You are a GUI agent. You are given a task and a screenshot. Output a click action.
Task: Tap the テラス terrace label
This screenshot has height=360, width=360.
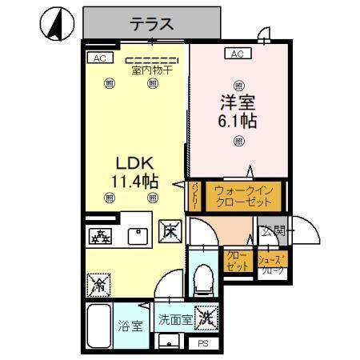(152, 24)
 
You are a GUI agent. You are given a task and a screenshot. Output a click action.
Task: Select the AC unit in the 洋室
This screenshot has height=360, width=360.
(237, 54)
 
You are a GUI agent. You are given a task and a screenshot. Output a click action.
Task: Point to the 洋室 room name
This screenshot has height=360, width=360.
(238, 102)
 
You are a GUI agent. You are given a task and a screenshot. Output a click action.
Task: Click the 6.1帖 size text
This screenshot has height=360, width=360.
(238, 122)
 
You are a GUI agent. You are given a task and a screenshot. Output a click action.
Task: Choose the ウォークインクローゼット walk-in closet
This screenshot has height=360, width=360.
(245, 197)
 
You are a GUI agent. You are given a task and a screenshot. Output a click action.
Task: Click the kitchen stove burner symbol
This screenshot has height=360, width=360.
(102, 235)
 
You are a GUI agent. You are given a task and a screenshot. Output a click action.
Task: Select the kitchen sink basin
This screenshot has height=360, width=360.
(138, 235)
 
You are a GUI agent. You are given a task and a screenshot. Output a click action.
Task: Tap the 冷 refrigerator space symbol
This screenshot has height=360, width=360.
(99, 284)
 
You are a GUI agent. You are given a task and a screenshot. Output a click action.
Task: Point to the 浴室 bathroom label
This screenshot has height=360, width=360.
(130, 326)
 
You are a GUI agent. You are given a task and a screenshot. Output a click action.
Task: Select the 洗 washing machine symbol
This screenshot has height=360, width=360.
(206, 318)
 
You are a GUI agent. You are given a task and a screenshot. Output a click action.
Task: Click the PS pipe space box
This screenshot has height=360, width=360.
(203, 343)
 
